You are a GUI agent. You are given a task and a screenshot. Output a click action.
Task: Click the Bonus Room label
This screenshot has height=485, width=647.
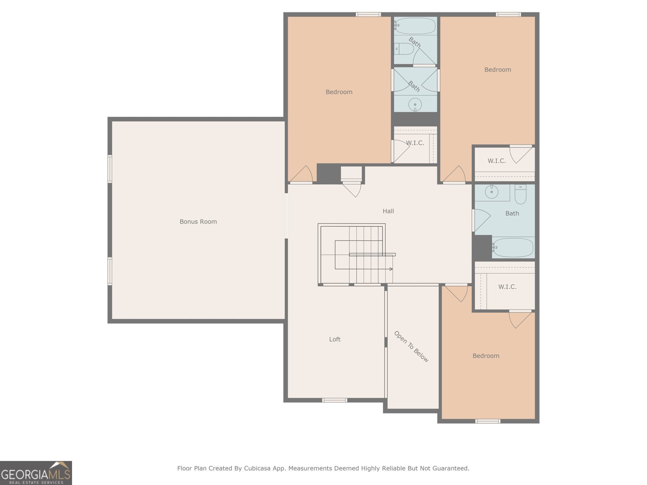click(x=198, y=221)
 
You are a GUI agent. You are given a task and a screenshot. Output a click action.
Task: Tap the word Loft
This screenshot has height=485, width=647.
click(x=334, y=339)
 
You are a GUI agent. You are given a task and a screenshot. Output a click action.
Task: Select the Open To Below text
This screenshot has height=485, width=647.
click(x=411, y=347)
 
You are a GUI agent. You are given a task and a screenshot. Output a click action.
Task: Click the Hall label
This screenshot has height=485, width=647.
click(x=388, y=211)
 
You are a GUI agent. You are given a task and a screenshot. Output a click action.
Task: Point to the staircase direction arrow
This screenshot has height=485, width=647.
click(x=391, y=269)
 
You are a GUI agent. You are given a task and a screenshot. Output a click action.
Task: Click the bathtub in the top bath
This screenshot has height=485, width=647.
click(x=415, y=26)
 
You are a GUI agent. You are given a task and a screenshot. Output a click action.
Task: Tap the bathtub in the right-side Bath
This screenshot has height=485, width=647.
click(x=513, y=247)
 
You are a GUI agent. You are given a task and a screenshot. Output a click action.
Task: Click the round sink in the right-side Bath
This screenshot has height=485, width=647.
click(x=491, y=192)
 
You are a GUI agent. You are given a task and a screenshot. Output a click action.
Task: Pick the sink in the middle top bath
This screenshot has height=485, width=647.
click(x=415, y=105)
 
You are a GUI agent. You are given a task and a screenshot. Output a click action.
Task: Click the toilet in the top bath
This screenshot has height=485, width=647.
click(x=404, y=49)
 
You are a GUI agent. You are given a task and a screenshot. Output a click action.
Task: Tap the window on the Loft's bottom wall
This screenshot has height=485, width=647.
click(x=334, y=400)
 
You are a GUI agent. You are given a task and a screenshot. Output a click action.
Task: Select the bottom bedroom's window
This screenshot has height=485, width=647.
click(x=488, y=421)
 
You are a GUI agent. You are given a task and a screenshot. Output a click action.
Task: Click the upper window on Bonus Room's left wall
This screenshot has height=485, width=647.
click(x=110, y=169)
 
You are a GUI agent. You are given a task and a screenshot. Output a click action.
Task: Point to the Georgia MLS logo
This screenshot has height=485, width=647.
click(x=36, y=473)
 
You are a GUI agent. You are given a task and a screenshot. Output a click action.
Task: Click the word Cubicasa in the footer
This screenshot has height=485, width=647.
click(x=257, y=468)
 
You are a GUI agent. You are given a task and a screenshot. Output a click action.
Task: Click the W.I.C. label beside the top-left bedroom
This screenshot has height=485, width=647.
click(x=415, y=143)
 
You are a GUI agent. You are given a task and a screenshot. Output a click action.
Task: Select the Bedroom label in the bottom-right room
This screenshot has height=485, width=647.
click(x=486, y=356)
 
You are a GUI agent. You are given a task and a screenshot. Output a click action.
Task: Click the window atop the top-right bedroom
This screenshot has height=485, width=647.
click(x=508, y=15)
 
